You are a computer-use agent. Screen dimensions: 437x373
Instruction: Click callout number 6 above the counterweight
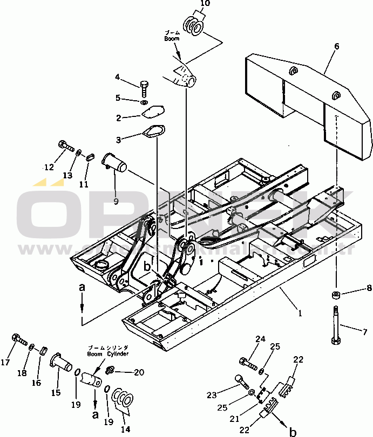pyautogui.click(x=337, y=46)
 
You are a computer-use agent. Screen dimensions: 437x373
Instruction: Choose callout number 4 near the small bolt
pyautogui.click(x=118, y=78)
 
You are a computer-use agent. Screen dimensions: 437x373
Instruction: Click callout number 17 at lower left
pyautogui.click(x=6, y=363)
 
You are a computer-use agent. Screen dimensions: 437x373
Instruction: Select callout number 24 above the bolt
pyautogui.click(x=261, y=339)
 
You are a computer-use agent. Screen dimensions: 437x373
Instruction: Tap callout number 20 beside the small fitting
pyautogui.click(x=140, y=372)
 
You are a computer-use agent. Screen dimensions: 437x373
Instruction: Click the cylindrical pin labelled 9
pyautogui.click(x=114, y=161)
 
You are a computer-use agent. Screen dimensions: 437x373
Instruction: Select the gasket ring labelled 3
pyautogui.click(x=153, y=133)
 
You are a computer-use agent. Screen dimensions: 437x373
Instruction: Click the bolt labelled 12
pyautogui.click(x=65, y=146)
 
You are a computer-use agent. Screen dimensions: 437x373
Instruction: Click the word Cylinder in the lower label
pyautogui.click(x=117, y=353)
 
